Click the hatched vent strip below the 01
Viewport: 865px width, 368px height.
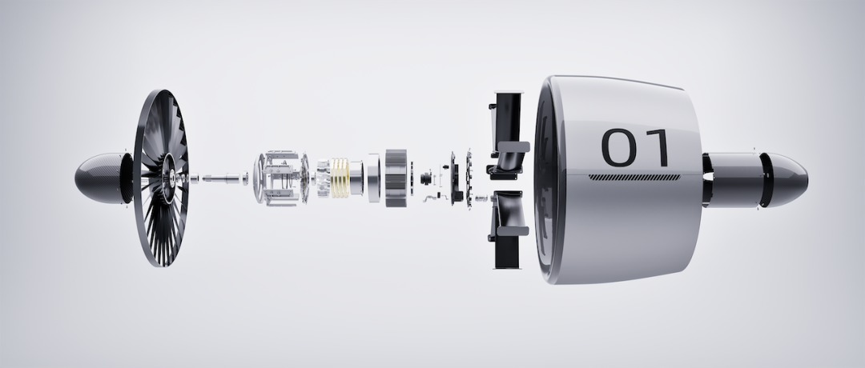634,178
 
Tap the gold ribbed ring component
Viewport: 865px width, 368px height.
340,178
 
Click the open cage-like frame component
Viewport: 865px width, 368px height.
280,178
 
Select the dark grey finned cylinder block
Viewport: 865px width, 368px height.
396,178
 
